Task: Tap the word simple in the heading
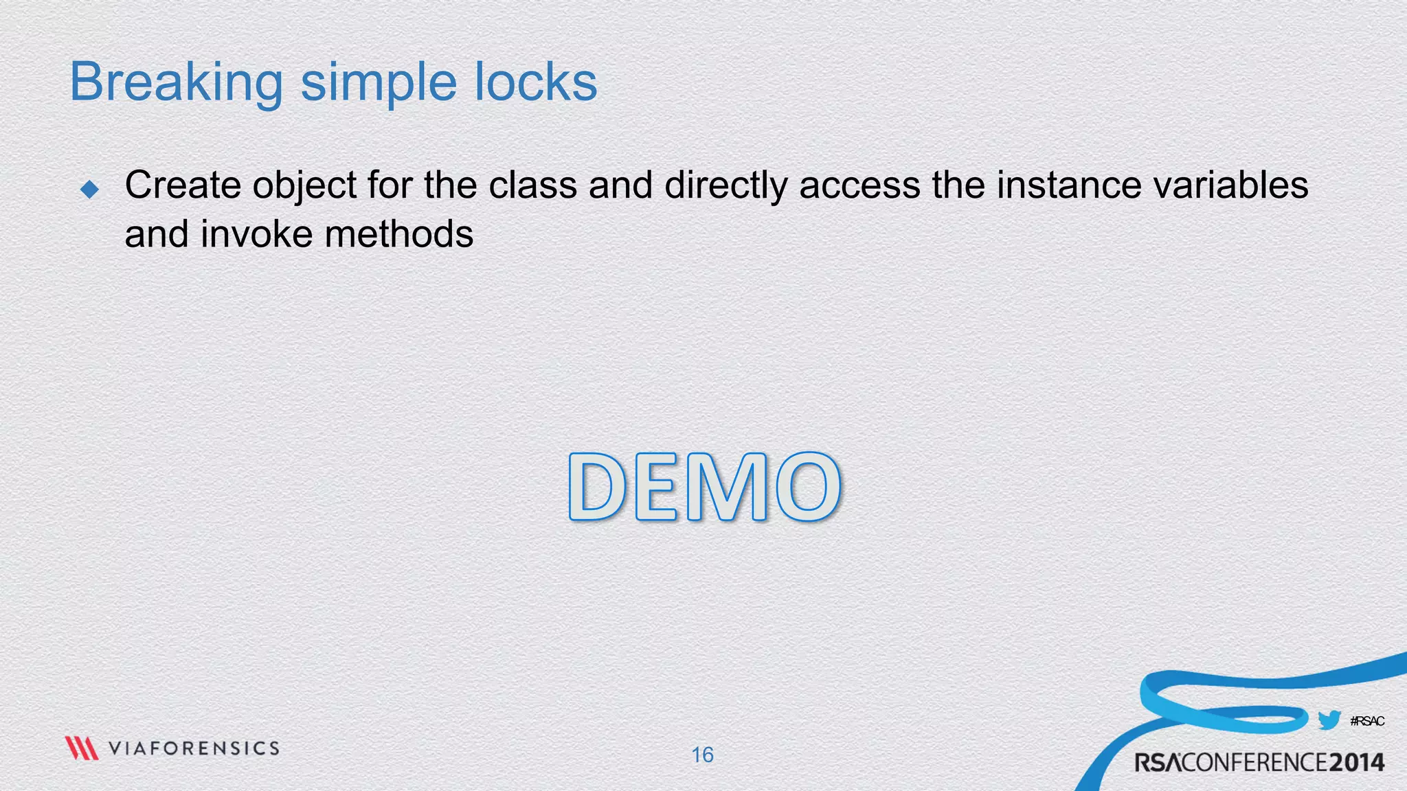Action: coord(379,83)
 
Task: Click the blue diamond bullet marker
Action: coord(89,189)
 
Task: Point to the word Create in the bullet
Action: coord(182,185)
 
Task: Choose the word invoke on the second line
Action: coord(256,234)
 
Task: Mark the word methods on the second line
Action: coord(399,234)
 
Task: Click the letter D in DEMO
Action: coord(598,487)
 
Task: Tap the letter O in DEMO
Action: coord(808,487)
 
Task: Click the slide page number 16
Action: coord(702,755)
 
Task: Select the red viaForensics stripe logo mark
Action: coord(82,748)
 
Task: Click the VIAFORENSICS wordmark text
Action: coord(194,748)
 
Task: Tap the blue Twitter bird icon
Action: coord(1329,720)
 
